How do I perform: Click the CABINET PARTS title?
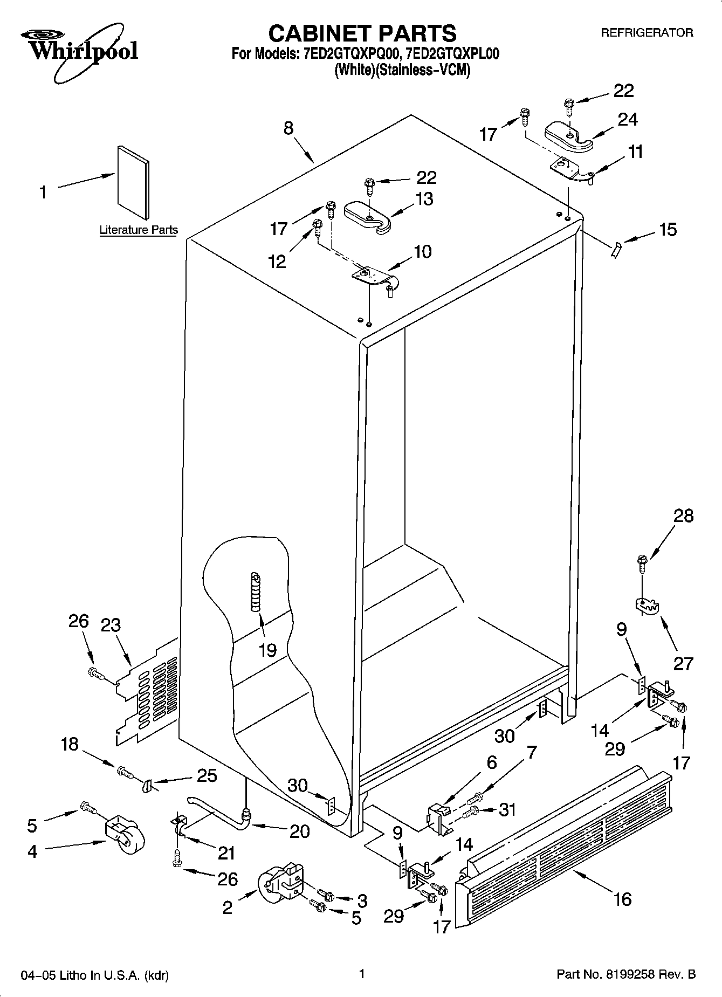[x=362, y=33]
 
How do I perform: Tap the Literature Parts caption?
[x=139, y=230]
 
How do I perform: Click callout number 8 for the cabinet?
[x=288, y=128]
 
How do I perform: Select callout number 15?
[x=668, y=230]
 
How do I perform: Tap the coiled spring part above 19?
[x=255, y=592]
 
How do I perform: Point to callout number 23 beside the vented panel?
[x=111, y=625]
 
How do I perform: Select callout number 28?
[x=683, y=516]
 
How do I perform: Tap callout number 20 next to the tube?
[x=299, y=831]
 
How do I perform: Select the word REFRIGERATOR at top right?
[x=647, y=33]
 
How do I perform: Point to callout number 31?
[x=507, y=809]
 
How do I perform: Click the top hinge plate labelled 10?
[x=374, y=277]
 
